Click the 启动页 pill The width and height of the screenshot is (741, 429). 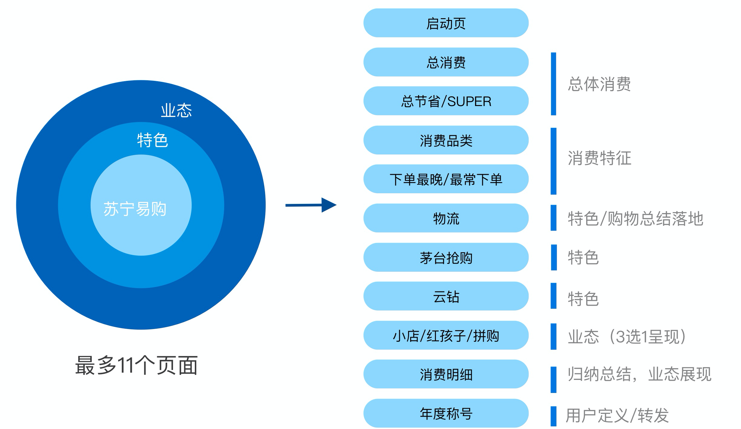[x=446, y=23]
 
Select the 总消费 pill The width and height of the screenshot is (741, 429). [x=446, y=62]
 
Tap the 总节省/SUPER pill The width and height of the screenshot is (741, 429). [x=446, y=101]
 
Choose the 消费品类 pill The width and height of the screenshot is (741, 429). [x=446, y=140]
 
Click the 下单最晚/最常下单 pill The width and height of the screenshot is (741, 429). [x=446, y=179]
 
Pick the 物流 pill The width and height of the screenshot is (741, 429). [x=446, y=218]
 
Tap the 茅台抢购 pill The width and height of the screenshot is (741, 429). [x=446, y=258]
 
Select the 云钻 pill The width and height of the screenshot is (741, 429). [x=446, y=296]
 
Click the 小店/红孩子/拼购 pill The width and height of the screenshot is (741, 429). [x=446, y=335]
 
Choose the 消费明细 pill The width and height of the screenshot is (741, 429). [x=446, y=374]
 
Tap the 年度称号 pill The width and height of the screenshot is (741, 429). [x=446, y=414]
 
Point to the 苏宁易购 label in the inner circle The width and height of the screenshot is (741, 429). [x=135, y=209]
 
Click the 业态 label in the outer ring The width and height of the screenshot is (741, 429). [x=176, y=110]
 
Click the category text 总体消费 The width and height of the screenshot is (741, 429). [x=599, y=84]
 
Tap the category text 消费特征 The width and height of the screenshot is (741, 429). [x=599, y=158]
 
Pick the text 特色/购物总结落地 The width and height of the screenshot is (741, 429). [x=635, y=218]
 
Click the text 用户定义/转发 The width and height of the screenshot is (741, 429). [x=617, y=415]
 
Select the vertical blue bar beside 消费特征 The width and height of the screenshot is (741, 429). [x=553, y=161]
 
